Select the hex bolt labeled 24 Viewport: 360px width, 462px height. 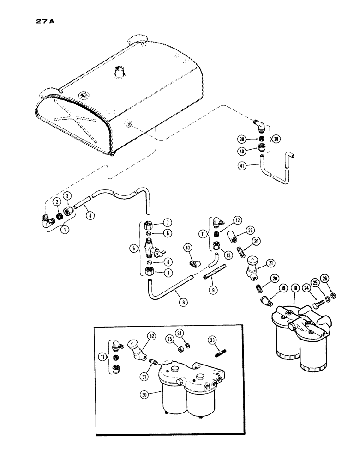coord(307,305)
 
